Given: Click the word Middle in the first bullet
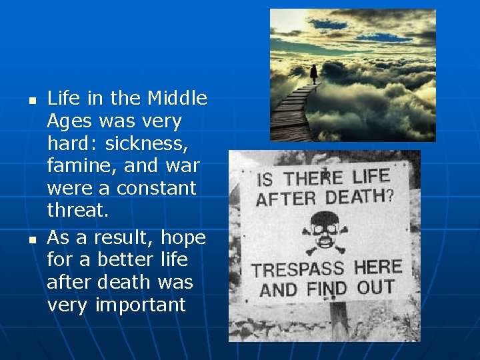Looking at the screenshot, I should (177, 99).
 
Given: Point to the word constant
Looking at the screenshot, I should (157, 188).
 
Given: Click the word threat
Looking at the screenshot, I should (77, 211).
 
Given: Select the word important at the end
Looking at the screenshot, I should (140, 305).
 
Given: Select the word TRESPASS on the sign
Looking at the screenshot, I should (298, 271).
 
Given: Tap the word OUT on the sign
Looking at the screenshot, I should (375, 288).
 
